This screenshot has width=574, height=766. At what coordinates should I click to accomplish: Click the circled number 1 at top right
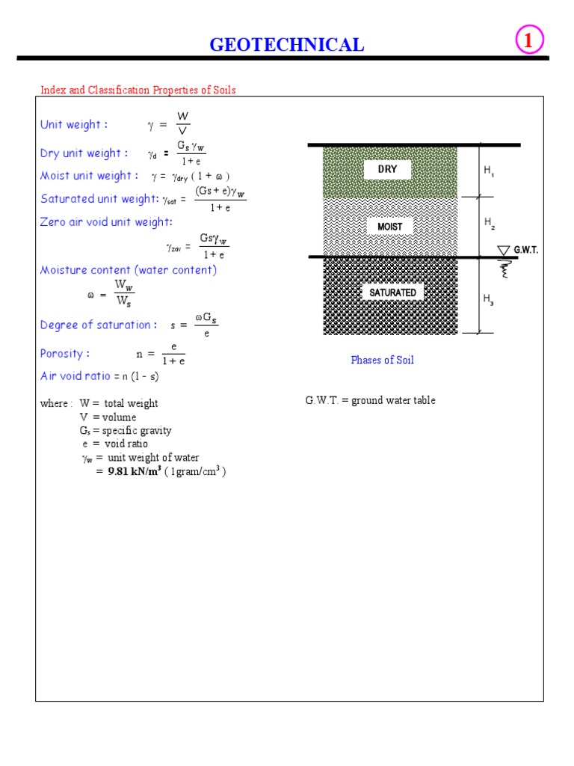tap(528, 42)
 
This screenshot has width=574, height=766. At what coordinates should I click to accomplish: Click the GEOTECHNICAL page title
tap(287, 45)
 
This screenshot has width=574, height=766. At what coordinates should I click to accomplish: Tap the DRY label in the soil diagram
tap(387, 169)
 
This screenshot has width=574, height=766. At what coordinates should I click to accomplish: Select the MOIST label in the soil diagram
tap(389, 226)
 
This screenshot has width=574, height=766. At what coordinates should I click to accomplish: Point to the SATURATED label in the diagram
tap(392, 292)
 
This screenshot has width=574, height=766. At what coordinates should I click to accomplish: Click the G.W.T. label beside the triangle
tap(526, 251)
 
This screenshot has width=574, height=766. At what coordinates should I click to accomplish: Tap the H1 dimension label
tap(489, 171)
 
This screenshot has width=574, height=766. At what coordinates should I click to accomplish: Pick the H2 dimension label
tap(489, 222)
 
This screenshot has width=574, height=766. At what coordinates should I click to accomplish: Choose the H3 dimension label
tap(489, 299)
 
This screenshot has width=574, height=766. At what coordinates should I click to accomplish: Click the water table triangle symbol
tap(504, 250)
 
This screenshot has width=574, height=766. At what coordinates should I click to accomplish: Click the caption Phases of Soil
tap(382, 360)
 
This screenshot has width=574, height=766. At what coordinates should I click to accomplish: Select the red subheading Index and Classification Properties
tap(138, 91)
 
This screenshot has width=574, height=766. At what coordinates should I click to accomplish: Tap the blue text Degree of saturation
tap(99, 325)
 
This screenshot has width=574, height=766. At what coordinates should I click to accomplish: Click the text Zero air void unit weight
tap(106, 222)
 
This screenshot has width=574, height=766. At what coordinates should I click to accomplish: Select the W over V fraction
tap(182, 124)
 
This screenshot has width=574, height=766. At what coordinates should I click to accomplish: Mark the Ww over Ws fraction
tap(124, 293)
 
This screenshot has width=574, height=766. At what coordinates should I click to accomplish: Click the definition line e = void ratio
tap(115, 444)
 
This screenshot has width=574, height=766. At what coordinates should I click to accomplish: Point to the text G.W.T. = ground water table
tap(370, 400)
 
